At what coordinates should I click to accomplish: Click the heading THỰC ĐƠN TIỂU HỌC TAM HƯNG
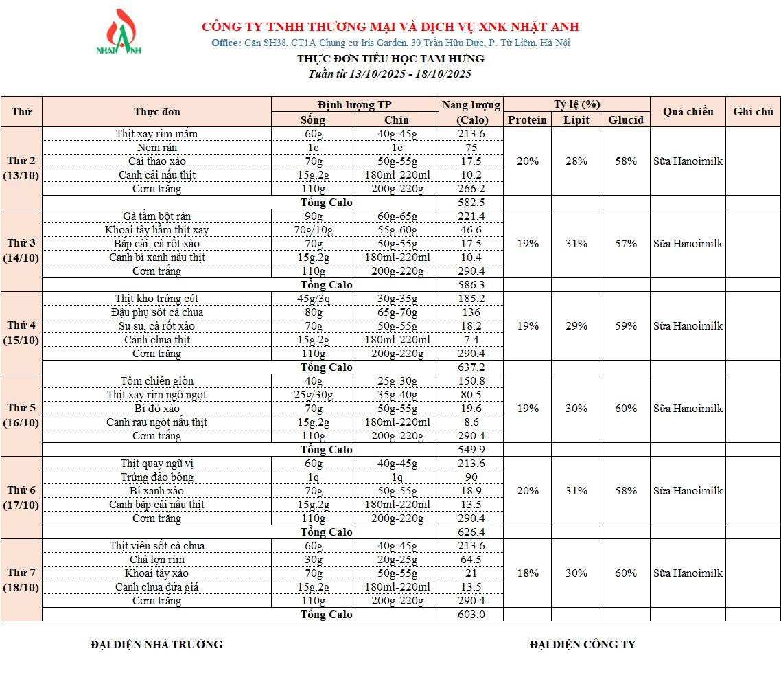pos(390,59)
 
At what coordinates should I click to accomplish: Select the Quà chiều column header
pos(688,112)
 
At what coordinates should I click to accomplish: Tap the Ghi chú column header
pos(753,112)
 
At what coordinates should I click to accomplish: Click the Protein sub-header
pos(527,120)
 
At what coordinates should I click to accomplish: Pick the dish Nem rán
pos(156,148)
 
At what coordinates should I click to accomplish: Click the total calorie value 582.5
pos(471,203)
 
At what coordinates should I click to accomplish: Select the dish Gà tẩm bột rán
pos(156,216)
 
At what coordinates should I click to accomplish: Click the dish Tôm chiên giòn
pos(156,381)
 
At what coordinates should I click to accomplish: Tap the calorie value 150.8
pos(471,381)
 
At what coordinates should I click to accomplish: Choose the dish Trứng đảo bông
pos(156,477)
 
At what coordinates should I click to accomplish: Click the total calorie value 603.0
pos(471,615)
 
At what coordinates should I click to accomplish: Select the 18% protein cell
pos(527,573)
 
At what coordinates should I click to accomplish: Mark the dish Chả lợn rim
pos(156,560)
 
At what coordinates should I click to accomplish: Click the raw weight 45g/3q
pos(313,299)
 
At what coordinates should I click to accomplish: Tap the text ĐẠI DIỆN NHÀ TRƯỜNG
pos(156,645)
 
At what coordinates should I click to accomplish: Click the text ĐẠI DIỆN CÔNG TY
pos(582,645)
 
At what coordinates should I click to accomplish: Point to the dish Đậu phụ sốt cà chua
pos(156,312)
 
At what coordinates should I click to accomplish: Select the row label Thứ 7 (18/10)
pos(21,580)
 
